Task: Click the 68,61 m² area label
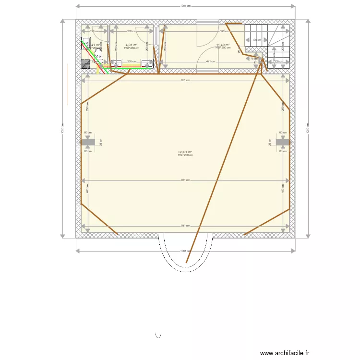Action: point(185,152)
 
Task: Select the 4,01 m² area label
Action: point(132,45)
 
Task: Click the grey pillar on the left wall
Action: point(88,143)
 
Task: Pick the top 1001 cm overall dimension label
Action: point(185,6)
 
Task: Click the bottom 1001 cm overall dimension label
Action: point(185,251)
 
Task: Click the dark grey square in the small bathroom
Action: point(85,62)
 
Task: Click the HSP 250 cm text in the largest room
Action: point(185,155)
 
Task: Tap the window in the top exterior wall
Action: point(208,22)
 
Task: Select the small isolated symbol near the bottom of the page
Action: point(159,334)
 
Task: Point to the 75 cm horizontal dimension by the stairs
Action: point(253,59)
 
